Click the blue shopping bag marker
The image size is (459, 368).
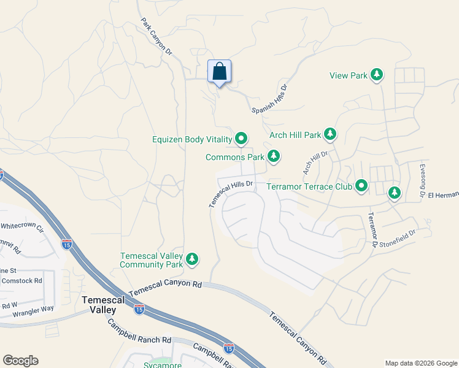tap(220, 72)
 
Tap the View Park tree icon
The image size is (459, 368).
tap(377, 75)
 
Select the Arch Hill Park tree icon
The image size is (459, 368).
tap(331, 134)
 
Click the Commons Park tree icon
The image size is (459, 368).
tap(274, 158)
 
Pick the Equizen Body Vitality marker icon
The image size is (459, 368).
tap(241, 139)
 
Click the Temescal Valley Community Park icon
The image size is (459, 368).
tap(193, 259)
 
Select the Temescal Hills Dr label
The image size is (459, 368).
tap(231, 194)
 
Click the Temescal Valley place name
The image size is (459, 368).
tap(103, 305)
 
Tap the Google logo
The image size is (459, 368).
tap(20, 361)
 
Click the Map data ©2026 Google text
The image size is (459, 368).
tap(420, 363)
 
